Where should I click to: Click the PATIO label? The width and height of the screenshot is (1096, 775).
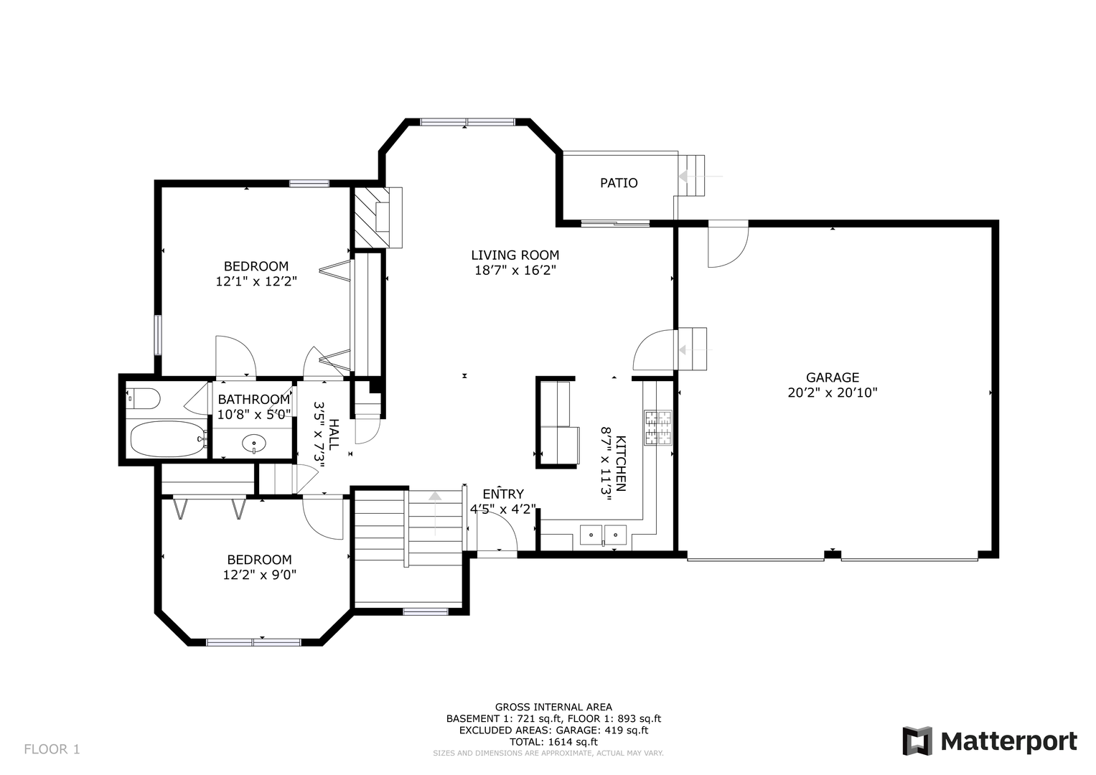(619, 183)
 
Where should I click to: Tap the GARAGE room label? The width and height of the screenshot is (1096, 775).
(833, 377)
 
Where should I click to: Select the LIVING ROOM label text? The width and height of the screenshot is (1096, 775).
(515, 255)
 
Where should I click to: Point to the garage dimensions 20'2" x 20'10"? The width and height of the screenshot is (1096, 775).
(833, 393)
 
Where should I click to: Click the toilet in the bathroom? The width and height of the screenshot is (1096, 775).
(143, 399)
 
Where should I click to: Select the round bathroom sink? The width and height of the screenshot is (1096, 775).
(254, 443)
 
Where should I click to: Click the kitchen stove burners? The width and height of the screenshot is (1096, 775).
(658, 428)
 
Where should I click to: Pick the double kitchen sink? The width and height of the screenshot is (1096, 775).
(604, 535)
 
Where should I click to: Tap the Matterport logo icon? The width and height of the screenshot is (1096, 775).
(917, 741)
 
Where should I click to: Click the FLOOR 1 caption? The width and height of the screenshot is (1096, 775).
(52, 749)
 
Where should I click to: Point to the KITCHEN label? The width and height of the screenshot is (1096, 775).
(620, 464)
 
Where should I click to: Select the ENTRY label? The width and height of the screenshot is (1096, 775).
(503, 494)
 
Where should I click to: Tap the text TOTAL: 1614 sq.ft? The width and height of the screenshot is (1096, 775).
(553, 742)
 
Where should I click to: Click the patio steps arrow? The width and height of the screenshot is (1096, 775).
(700, 176)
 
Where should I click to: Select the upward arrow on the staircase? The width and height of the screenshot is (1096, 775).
(435, 513)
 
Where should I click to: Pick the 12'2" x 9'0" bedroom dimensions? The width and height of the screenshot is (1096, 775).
(260, 574)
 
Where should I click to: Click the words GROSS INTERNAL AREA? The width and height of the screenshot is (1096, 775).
(553, 707)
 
